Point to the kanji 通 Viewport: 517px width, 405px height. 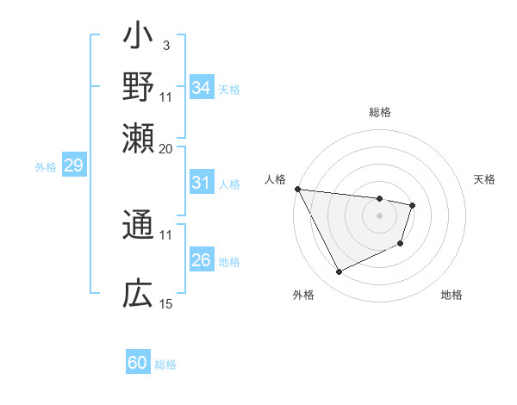click(x=139, y=226)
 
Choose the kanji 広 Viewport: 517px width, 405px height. click(x=139, y=295)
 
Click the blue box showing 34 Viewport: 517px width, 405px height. click(x=202, y=88)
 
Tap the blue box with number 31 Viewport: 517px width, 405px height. click(x=202, y=183)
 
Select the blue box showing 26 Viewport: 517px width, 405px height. click(x=202, y=260)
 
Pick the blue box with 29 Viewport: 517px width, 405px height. click(x=73, y=166)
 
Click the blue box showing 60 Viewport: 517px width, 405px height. click(x=138, y=363)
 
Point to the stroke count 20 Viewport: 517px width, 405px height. click(x=165, y=147)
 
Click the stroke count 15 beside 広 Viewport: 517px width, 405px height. click(x=165, y=303)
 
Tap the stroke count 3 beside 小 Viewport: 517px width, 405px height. click(x=165, y=45)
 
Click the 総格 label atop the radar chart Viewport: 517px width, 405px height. click(x=380, y=112)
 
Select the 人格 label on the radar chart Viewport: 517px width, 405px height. click(x=276, y=179)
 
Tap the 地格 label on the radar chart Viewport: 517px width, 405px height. click(x=452, y=295)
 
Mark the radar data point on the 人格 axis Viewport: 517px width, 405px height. click(x=297, y=189)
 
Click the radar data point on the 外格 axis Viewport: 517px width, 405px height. click(x=339, y=272)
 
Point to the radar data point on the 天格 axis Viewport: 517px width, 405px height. click(x=413, y=205)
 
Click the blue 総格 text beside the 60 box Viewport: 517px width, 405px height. click(x=165, y=364)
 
